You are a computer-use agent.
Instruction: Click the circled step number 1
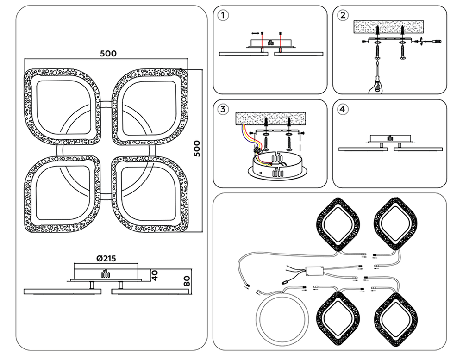click(223, 15)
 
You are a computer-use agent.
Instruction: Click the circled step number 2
click(343, 15)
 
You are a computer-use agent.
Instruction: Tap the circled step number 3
click(223, 109)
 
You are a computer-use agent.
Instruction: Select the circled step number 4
click(343, 109)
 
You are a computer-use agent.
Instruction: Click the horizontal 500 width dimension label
click(108, 53)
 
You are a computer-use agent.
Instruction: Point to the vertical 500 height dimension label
click(197, 149)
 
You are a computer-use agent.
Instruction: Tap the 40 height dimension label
click(155, 275)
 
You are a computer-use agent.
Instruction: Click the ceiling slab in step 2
click(388, 27)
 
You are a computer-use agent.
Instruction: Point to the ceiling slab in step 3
click(270, 118)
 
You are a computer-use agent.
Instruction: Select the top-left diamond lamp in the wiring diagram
click(338, 224)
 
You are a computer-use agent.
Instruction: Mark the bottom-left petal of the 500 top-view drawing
click(63, 194)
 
